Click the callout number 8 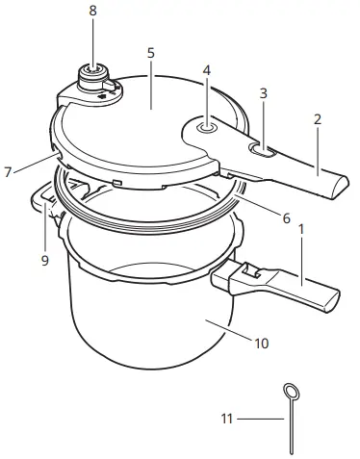click(x=92, y=11)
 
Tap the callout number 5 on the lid click(x=151, y=52)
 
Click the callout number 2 click(x=317, y=120)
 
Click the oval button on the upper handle click(x=263, y=150)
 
